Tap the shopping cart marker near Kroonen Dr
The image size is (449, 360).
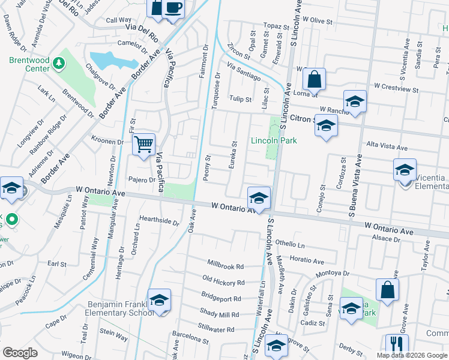[143, 143]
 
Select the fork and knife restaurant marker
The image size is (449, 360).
[397, 344]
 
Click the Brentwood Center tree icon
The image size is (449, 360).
[58, 62]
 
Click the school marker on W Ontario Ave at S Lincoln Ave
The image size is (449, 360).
[259, 197]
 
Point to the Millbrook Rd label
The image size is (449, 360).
[226, 266]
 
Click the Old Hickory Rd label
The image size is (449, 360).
[223, 281]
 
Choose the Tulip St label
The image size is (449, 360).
[240, 99]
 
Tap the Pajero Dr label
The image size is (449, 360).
[142, 179]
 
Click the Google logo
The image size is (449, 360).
[19, 352]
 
